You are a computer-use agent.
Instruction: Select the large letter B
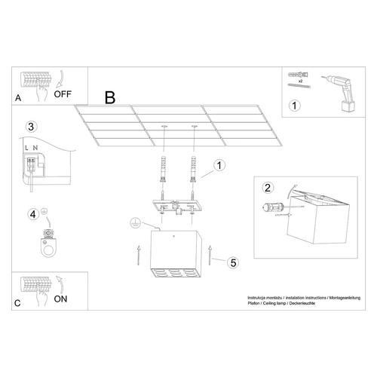110,97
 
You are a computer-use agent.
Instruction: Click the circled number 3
31,126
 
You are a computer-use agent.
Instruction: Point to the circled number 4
32,215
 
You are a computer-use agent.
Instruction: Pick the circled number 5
233,262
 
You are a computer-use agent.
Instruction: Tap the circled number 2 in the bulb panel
267,188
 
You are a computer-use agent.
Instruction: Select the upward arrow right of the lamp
211,256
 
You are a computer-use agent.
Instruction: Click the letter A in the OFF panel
19,97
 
